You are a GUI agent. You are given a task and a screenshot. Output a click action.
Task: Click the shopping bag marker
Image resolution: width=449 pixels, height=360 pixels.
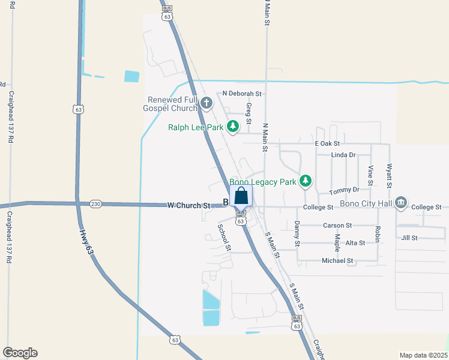[241, 196]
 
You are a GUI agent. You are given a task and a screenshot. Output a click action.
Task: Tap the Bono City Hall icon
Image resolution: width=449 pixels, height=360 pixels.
[401, 205]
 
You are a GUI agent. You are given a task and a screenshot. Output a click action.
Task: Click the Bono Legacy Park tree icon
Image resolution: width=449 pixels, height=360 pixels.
[306, 180]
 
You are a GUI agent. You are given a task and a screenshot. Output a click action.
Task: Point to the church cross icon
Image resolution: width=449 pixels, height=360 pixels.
[206, 103]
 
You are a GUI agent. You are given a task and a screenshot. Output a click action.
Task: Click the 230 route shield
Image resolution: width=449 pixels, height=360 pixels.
[95, 204]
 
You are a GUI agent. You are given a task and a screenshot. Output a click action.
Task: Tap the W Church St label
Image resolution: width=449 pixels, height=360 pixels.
[188, 205]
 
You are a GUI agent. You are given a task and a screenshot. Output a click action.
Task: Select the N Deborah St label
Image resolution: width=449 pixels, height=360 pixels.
[242, 94]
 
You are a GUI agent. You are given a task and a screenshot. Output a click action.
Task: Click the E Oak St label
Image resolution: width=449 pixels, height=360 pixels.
[327, 143]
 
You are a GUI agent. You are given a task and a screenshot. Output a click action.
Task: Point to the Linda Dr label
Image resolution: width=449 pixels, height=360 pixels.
[343, 155]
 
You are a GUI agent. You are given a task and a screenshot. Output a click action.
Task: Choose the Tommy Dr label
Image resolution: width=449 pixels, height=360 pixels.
[344, 190]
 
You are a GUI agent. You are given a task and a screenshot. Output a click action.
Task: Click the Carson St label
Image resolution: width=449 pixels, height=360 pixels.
[337, 226]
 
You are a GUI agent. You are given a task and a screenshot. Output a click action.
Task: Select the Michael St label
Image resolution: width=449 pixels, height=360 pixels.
[337, 261]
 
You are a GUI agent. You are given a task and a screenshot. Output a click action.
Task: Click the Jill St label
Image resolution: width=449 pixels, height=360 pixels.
[409, 238]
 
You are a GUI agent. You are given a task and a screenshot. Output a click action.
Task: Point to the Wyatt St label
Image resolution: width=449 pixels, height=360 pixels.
[390, 175]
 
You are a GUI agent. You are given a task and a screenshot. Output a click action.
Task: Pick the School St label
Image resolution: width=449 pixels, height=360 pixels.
[224, 237]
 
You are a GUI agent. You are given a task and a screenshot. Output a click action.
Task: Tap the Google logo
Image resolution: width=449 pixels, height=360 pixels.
[20, 353]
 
